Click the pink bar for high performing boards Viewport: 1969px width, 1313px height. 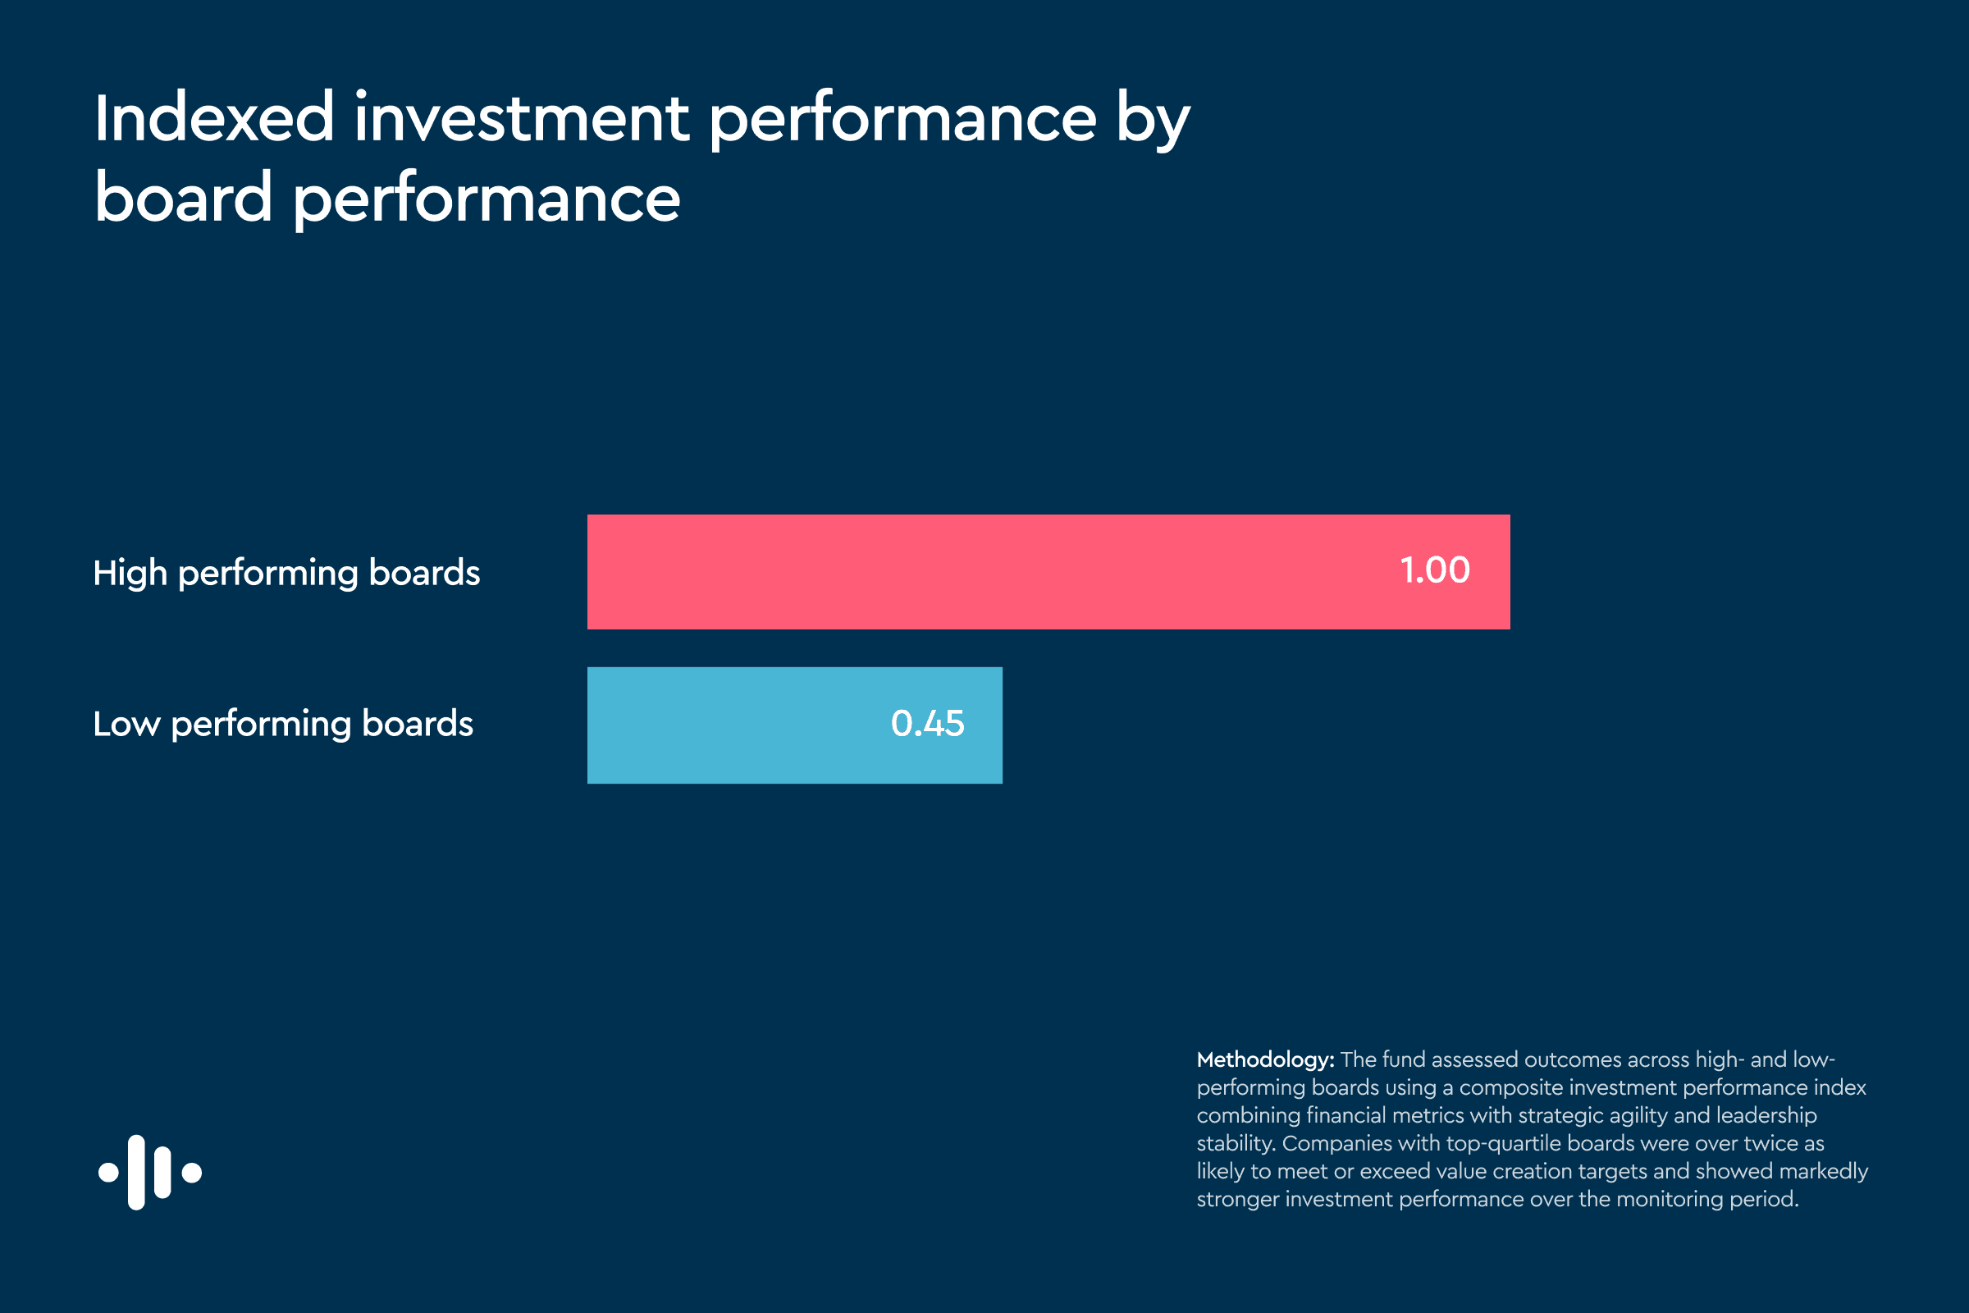(x=1048, y=572)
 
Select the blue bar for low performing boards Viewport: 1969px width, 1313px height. (x=794, y=725)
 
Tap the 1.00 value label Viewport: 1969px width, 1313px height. (x=1435, y=570)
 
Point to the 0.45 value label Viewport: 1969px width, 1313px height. (x=928, y=724)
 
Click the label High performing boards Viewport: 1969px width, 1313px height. (x=286, y=574)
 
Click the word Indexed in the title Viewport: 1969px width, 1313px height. (x=214, y=117)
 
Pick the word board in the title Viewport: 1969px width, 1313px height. (x=183, y=198)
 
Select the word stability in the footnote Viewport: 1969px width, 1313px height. (x=1236, y=1145)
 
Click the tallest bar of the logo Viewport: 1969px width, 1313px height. (x=136, y=1173)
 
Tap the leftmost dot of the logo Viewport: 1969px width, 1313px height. (x=108, y=1173)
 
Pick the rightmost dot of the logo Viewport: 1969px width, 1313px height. (x=192, y=1173)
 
